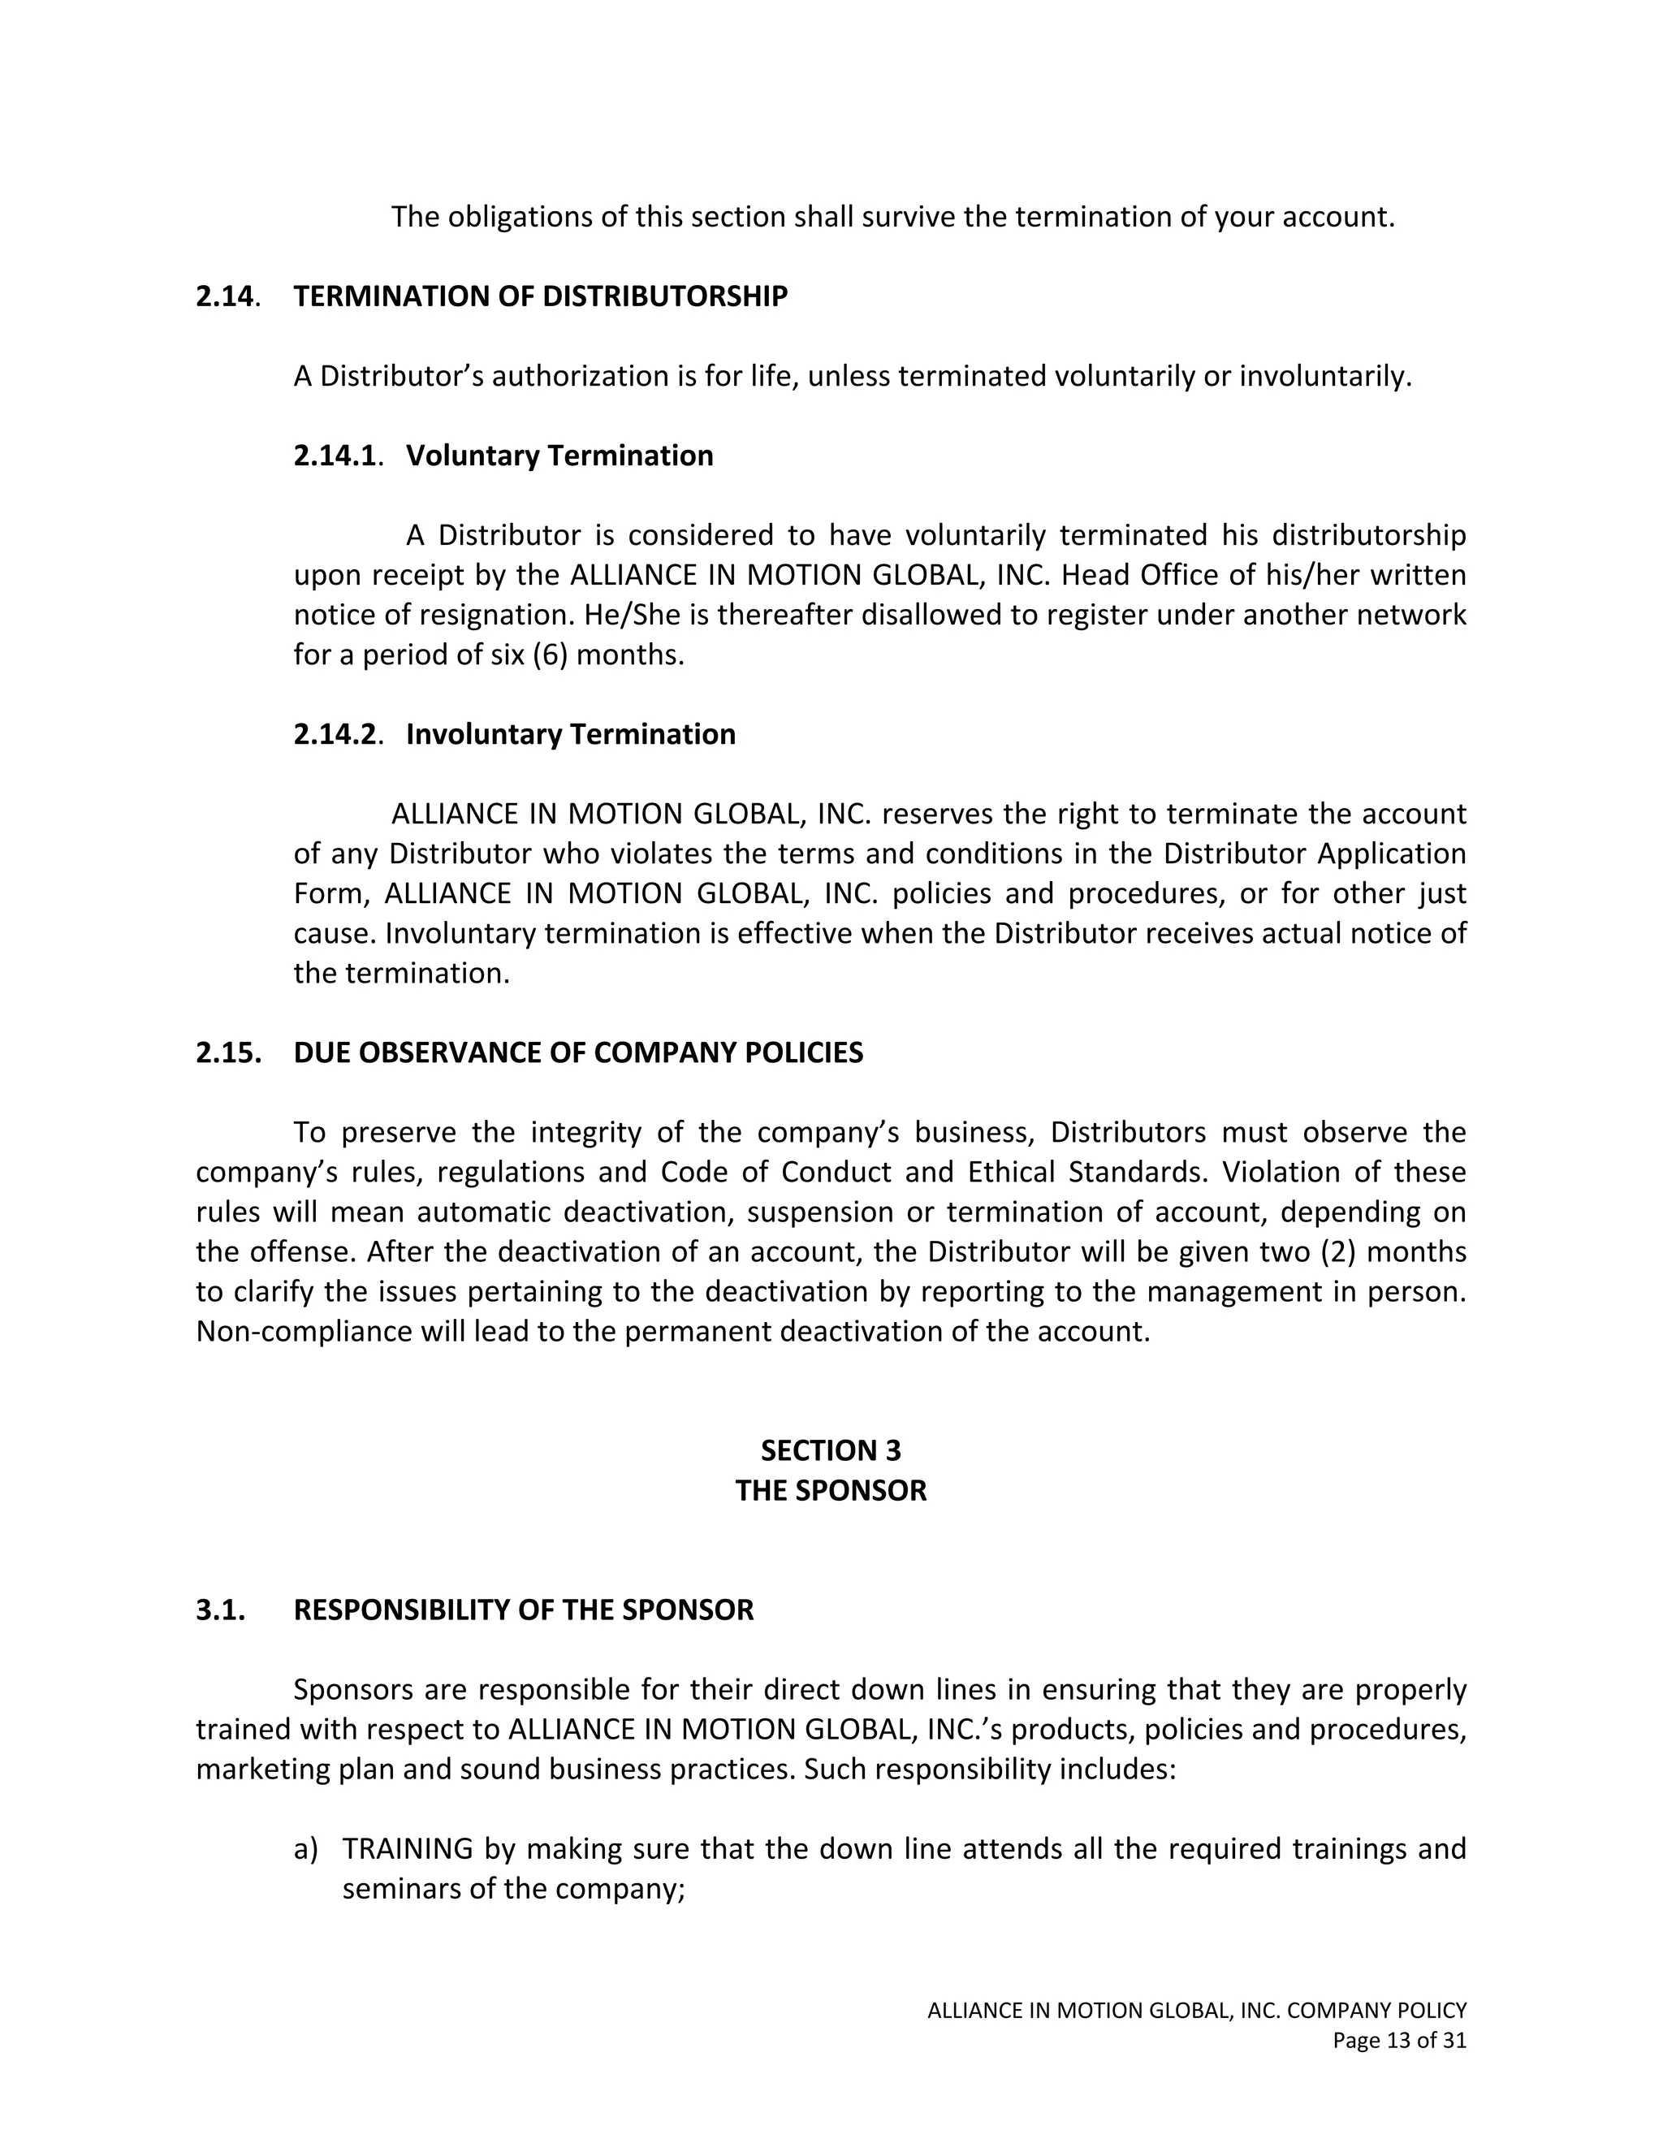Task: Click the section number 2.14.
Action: tap(226, 296)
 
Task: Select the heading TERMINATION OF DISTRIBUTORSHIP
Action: tap(540, 296)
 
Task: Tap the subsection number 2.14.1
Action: tap(336, 456)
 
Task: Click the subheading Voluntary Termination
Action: tap(559, 456)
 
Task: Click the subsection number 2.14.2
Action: tap(336, 735)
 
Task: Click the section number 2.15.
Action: tap(228, 1053)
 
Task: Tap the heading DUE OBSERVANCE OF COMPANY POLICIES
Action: tap(578, 1053)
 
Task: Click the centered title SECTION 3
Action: tap(831, 1451)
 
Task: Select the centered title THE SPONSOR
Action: tap(831, 1491)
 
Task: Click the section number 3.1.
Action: tap(221, 1610)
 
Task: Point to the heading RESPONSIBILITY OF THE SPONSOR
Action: tap(523, 1610)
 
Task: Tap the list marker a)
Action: tap(305, 1849)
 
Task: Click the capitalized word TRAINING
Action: tap(408, 1849)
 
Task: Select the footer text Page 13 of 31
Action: tap(1399, 2041)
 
